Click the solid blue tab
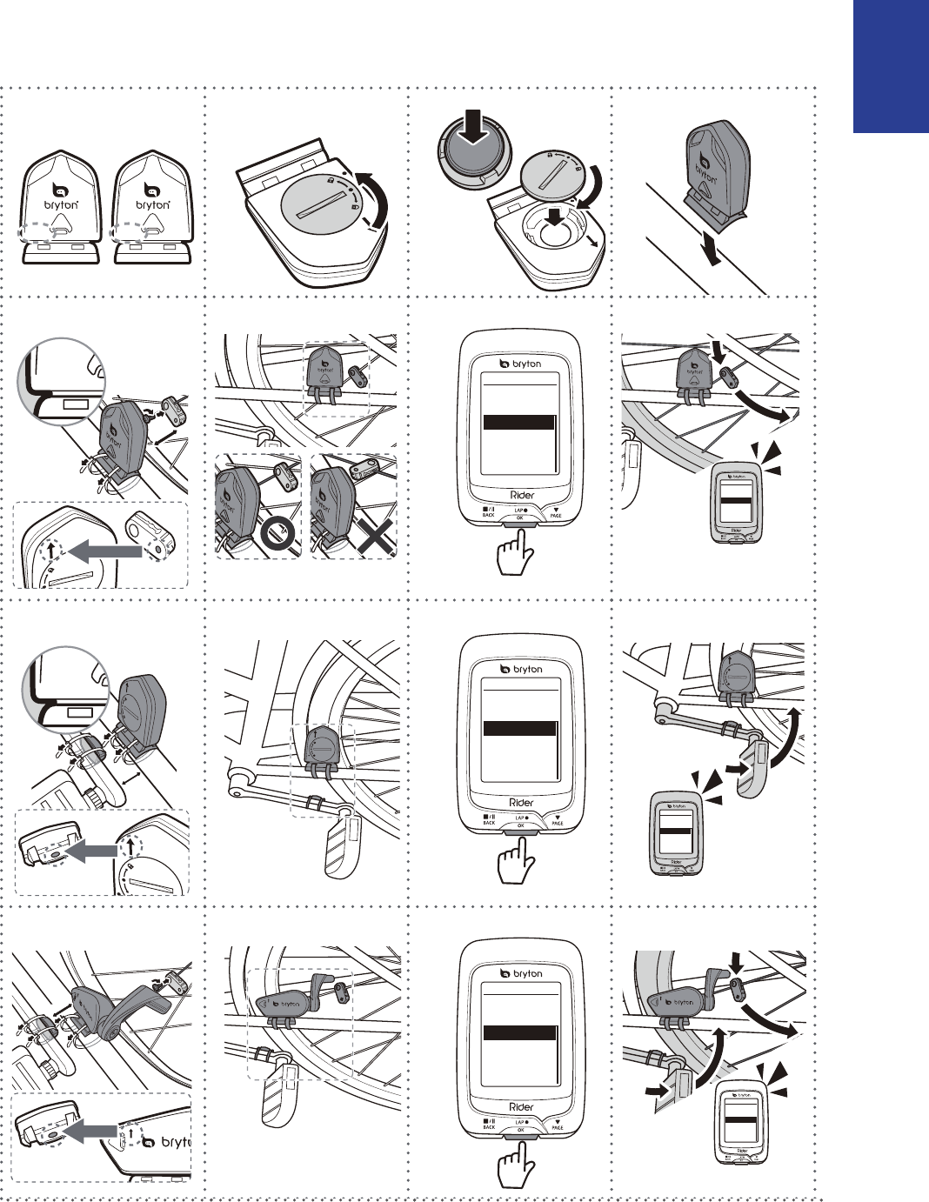(x=891, y=66)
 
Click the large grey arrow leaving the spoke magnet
(x=104, y=551)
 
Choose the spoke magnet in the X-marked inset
(x=370, y=471)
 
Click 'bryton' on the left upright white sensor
(x=60, y=204)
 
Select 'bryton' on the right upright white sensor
(x=153, y=204)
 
